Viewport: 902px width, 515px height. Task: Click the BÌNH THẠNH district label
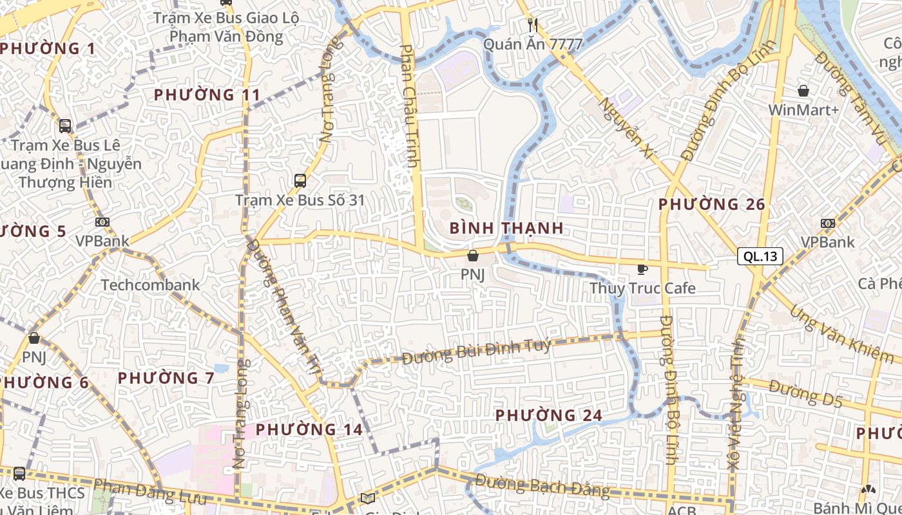point(506,228)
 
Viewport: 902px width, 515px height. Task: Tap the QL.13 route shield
point(760,256)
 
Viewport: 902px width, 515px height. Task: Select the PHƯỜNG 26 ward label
point(711,205)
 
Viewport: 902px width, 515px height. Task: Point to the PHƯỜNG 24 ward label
point(549,416)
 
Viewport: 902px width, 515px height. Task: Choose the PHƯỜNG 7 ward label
point(166,378)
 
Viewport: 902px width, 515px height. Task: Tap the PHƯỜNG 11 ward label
point(207,95)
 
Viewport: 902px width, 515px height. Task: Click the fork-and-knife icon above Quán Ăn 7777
point(532,25)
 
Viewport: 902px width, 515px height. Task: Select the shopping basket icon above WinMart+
point(803,91)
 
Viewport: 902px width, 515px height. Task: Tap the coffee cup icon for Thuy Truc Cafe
point(642,269)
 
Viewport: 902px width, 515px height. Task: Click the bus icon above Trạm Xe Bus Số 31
point(300,181)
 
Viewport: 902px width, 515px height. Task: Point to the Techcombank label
point(150,285)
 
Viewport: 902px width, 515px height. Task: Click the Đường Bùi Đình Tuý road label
point(476,351)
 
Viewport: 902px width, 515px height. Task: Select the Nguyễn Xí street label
point(626,127)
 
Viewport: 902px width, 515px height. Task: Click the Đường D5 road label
point(805,395)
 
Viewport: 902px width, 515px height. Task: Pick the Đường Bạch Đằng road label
point(542,485)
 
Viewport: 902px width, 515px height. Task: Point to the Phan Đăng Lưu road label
point(149,492)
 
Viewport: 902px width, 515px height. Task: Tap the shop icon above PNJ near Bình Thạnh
point(473,256)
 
